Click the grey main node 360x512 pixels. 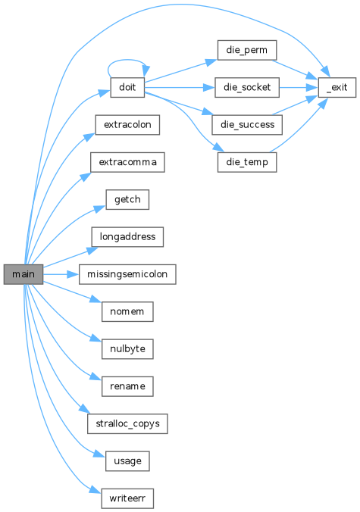click(x=23, y=274)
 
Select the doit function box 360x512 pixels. click(x=127, y=88)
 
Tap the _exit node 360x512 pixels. click(x=337, y=88)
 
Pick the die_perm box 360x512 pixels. click(x=247, y=50)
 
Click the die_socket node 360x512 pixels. click(x=247, y=88)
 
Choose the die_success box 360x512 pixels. click(x=247, y=125)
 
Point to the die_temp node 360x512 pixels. click(x=247, y=162)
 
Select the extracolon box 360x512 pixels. click(x=127, y=125)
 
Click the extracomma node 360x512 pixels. click(x=127, y=162)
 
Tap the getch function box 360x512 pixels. click(x=127, y=199)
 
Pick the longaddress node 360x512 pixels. click(x=127, y=237)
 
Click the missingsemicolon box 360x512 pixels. click(x=127, y=274)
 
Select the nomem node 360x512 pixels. click(x=127, y=311)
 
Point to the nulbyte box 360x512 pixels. click(x=127, y=349)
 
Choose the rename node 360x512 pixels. click(x=127, y=386)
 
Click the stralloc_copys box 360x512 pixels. click(x=127, y=424)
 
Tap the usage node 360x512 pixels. click(x=127, y=461)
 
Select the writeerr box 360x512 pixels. click(x=127, y=498)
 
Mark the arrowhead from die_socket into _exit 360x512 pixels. click(x=312, y=88)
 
